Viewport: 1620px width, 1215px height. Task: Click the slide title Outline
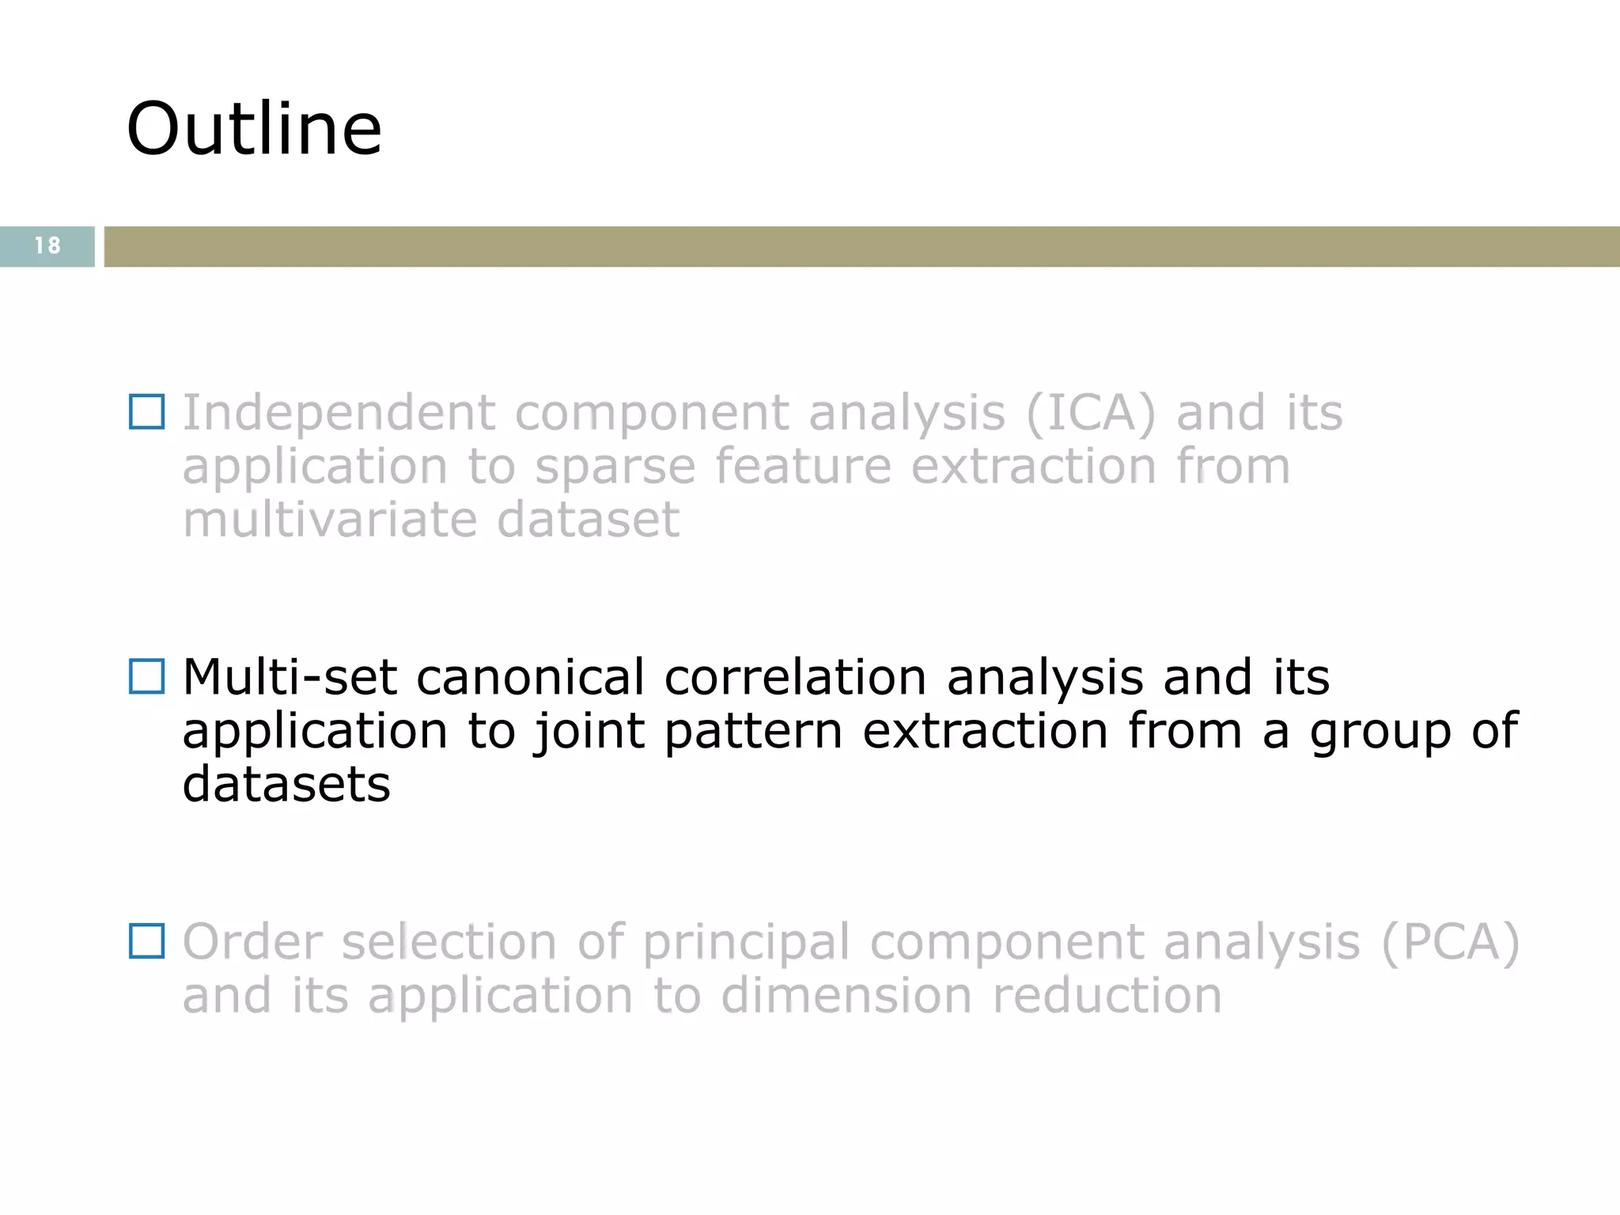pos(254,129)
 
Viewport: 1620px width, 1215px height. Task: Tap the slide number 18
pos(47,246)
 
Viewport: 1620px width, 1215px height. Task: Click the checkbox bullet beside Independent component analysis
pos(147,412)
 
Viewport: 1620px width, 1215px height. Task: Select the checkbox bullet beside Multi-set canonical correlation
pos(147,677)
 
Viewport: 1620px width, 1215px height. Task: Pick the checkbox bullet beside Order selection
pos(147,941)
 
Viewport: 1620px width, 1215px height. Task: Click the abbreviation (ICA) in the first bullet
pos(1091,413)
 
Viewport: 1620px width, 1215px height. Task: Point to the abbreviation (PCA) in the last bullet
pos(1450,942)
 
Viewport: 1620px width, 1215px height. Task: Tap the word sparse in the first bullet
pos(615,467)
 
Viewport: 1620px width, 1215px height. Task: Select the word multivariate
pos(329,520)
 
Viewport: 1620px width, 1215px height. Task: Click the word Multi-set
pos(290,678)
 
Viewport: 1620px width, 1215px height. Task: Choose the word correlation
pos(795,678)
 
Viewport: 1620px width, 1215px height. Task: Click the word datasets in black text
pos(286,784)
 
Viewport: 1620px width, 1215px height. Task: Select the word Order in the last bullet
pos(252,942)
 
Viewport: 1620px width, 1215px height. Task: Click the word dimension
pos(846,995)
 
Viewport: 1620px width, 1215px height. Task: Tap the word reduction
pos(1107,995)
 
